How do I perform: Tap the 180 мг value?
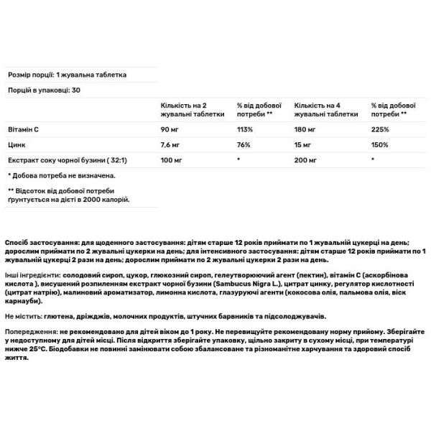pos(304,130)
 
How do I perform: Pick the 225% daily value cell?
pos(380,130)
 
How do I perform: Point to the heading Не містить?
pos(24,316)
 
